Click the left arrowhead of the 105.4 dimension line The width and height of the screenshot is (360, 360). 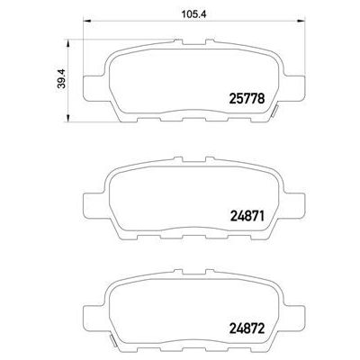click(86, 23)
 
